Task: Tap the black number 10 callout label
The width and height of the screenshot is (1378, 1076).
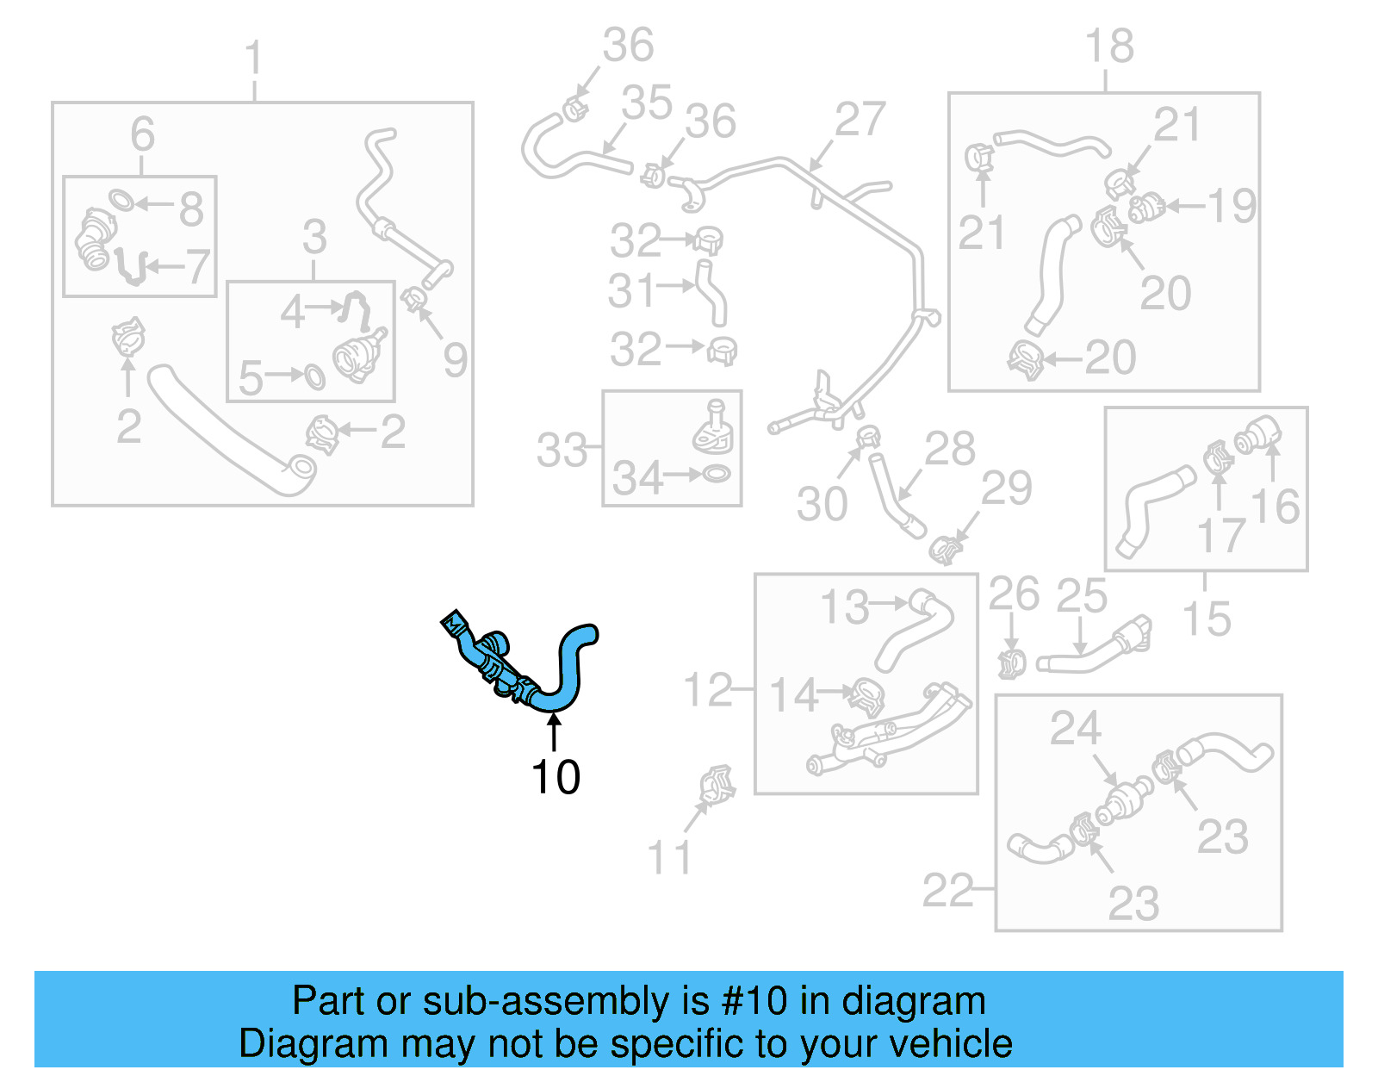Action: tap(556, 777)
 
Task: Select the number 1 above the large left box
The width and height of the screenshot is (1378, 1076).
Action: tap(253, 60)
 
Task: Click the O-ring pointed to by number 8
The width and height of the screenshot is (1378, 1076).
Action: tap(121, 201)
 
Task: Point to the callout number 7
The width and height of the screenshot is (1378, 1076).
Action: tap(197, 267)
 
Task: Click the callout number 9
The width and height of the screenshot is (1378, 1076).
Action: tap(455, 359)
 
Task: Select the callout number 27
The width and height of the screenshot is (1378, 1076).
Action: tap(859, 120)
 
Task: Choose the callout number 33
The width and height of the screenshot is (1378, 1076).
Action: tap(562, 451)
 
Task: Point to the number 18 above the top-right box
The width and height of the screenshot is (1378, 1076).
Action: tap(1109, 46)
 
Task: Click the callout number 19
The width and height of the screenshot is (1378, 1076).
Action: tap(1232, 206)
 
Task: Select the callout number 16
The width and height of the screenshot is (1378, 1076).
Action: tap(1275, 507)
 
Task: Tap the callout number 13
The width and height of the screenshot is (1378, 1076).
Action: tap(844, 607)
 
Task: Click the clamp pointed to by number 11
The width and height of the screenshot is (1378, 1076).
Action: tap(717, 784)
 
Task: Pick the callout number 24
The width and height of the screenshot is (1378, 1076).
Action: tap(1075, 729)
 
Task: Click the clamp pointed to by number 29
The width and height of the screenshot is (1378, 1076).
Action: tap(946, 548)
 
